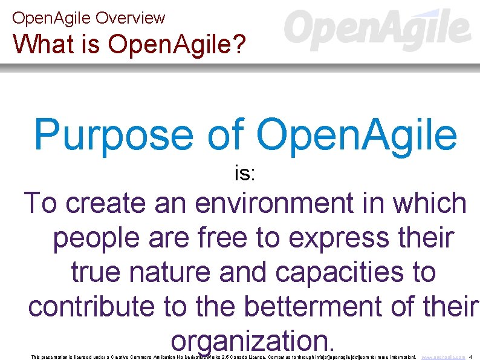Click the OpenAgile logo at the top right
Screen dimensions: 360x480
[x=377, y=30]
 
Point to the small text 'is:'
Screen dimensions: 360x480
[x=245, y=174]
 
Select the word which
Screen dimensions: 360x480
[x=430, y=203]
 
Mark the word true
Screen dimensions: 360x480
[x=100, y=272]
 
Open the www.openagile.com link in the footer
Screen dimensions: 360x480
[x=443, y=358]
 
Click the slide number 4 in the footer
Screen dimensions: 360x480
[x=471, y=358]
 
